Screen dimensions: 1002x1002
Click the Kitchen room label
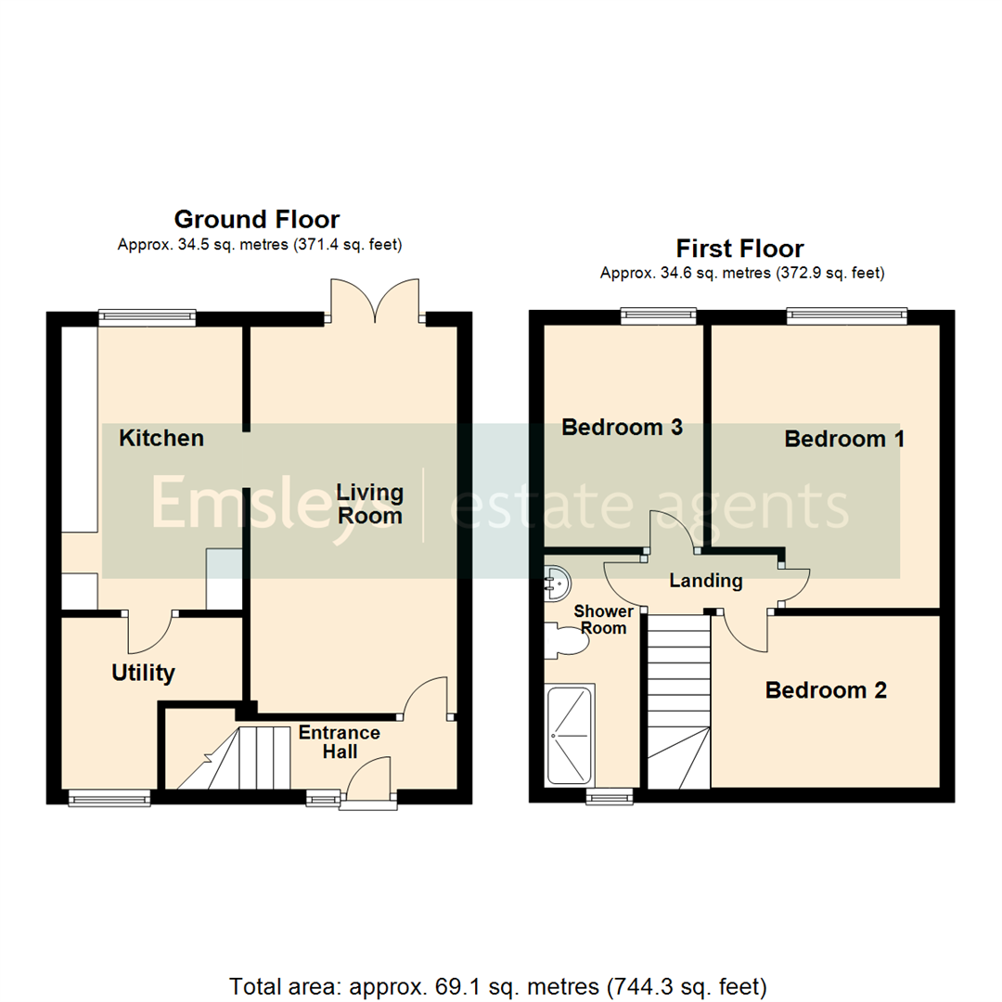pos(161,438)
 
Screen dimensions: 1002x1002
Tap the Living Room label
pos(369,504)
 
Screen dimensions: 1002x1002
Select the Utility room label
pos(143,673)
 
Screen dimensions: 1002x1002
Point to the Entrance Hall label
pos(339,742)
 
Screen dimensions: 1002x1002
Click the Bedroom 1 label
pos(844,439)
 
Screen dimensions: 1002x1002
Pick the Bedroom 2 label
pos(826,690)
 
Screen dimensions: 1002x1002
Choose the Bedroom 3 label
pos(623,428)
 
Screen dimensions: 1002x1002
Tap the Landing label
pos(707,582)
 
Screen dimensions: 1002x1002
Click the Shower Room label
pos(603,620)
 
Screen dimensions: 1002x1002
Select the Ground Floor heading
pos(257,220)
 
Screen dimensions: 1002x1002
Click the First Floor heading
pos(739,249)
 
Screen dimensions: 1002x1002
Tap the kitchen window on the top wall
pos(148,317)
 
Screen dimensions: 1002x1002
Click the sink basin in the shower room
pos(558,582)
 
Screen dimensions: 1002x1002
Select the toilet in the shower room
pos(565,640)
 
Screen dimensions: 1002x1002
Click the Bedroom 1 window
pos(847,317)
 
